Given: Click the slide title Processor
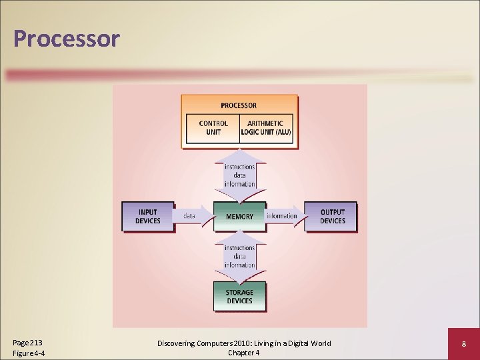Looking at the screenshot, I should tap(66, 38).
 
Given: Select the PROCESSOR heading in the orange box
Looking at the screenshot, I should tap(239, 105).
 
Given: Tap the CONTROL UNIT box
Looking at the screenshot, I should tap(213, 127).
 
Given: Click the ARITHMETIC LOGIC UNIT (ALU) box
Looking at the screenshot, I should tap(265, 127).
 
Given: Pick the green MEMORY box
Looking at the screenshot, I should tap(239, 216).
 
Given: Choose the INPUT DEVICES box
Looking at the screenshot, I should tap(148, 217).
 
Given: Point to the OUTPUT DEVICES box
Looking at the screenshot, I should tap(331, 217).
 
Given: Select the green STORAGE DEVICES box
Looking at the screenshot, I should tap(239, 297).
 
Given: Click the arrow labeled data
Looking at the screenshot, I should tap(191, 216).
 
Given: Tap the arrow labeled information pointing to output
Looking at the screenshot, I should tap(283, 216).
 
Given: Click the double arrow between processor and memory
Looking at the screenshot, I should tap(239, 175).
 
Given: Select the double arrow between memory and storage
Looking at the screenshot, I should tap(239, 257).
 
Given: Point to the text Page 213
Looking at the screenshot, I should tap(27, 343).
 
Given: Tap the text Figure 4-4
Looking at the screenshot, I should tap(29, 353).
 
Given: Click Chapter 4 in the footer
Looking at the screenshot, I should tap(243, 353).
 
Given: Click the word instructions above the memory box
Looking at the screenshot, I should tap(239, 167).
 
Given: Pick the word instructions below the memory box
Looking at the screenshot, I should tap(239, 248).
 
